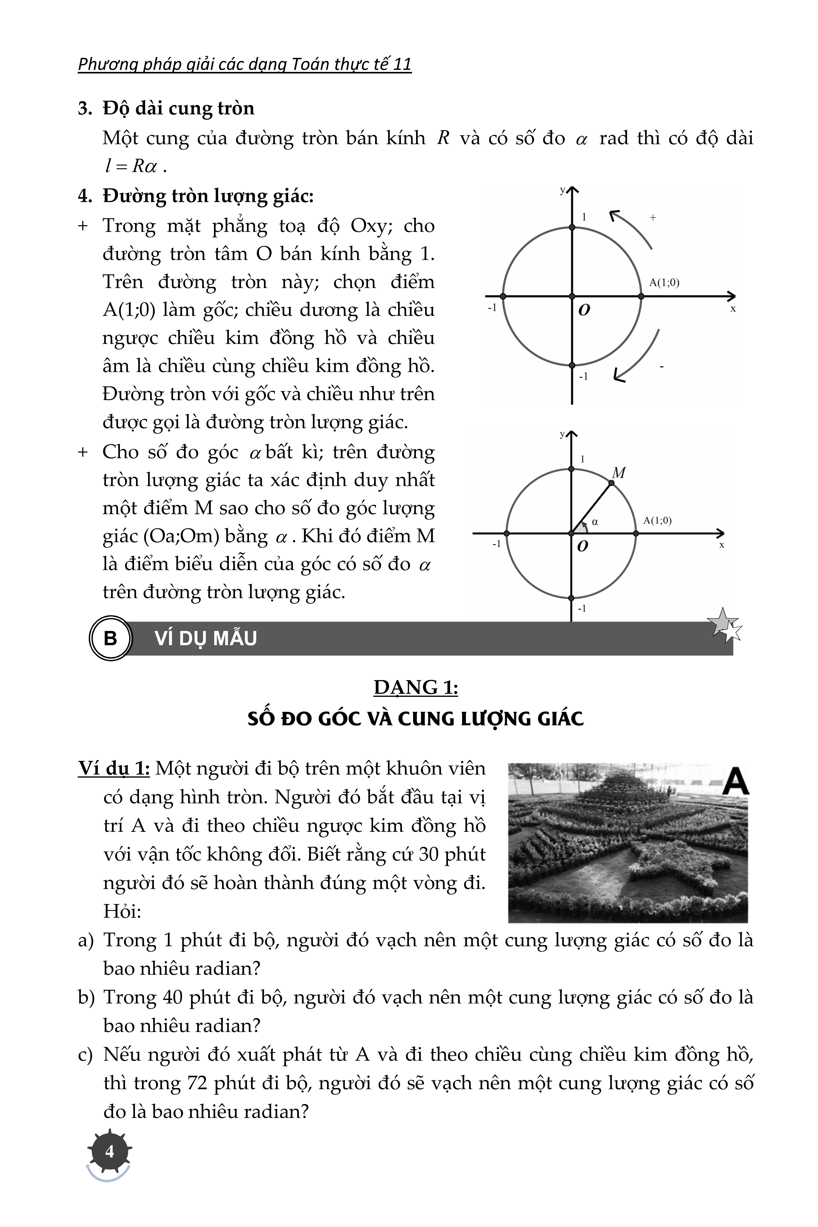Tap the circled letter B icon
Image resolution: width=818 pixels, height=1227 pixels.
(110, 638)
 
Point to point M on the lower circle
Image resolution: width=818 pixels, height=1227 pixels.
(611, 483)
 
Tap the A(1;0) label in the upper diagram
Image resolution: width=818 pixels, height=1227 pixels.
(664, 283)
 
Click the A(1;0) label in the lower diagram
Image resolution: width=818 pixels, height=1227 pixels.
(657, 520)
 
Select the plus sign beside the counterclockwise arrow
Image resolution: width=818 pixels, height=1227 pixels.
(653, 218)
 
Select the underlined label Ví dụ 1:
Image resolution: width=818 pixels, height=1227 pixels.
(114, 768)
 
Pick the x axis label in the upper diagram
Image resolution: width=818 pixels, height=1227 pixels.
(733, 309)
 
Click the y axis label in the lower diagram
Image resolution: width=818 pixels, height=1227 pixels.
(562, 434)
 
